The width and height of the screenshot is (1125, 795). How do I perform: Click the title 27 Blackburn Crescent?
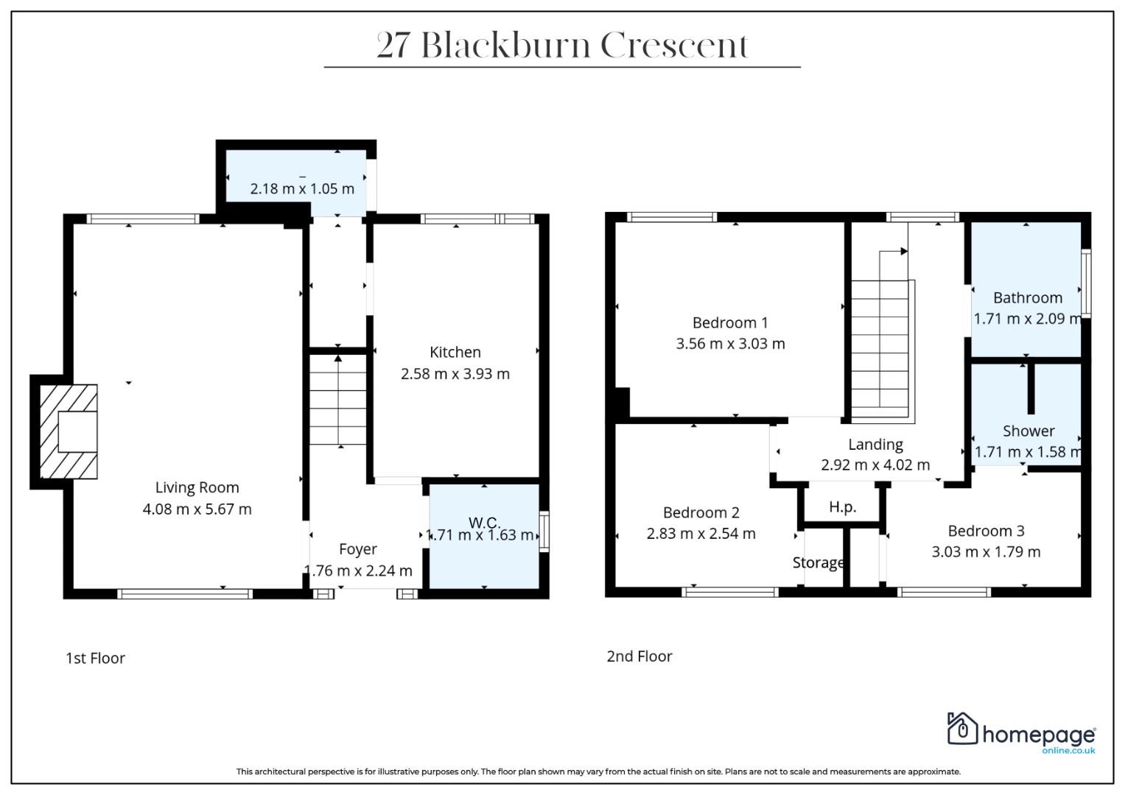562,46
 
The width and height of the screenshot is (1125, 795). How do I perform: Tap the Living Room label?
197,487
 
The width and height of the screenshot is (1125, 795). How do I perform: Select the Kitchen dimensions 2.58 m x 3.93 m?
455,374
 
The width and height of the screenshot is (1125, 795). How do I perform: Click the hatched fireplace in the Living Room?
69,431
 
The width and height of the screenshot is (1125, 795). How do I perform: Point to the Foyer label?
357,550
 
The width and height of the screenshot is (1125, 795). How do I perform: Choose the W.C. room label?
484,523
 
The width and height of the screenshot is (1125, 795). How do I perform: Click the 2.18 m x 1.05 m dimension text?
302,188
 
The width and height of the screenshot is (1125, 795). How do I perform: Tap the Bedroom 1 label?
730,322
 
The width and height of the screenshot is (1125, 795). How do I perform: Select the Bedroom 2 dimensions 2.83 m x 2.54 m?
701,534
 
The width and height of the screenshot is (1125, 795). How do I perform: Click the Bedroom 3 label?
986,531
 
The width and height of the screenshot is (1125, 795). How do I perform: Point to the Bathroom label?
1028,298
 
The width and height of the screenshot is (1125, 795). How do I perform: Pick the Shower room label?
1028,431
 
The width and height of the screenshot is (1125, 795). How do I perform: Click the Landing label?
875,445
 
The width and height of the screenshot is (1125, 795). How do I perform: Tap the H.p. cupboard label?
842,507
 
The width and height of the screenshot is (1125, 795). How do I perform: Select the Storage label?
818,562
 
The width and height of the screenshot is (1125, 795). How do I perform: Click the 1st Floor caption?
95,658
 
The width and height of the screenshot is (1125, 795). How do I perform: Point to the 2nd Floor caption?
639,656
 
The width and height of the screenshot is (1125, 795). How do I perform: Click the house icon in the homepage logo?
962,728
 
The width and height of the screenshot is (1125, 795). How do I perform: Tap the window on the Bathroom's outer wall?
1086,283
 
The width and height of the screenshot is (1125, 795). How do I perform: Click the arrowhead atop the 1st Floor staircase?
338,358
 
